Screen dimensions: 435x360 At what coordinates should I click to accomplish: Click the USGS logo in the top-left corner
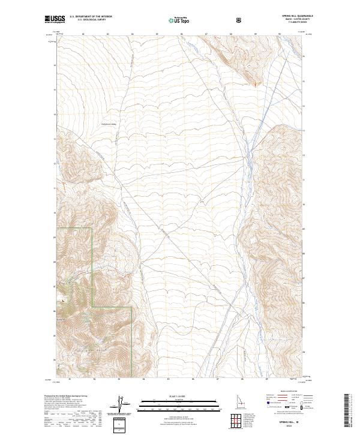55,20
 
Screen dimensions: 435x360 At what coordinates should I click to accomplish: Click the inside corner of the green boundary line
92,307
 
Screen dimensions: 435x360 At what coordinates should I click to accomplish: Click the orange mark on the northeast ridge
256,83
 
